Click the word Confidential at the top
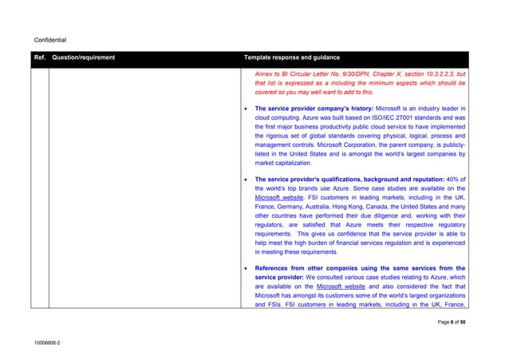tap(50, 39)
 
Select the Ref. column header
tap(39, 58)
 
